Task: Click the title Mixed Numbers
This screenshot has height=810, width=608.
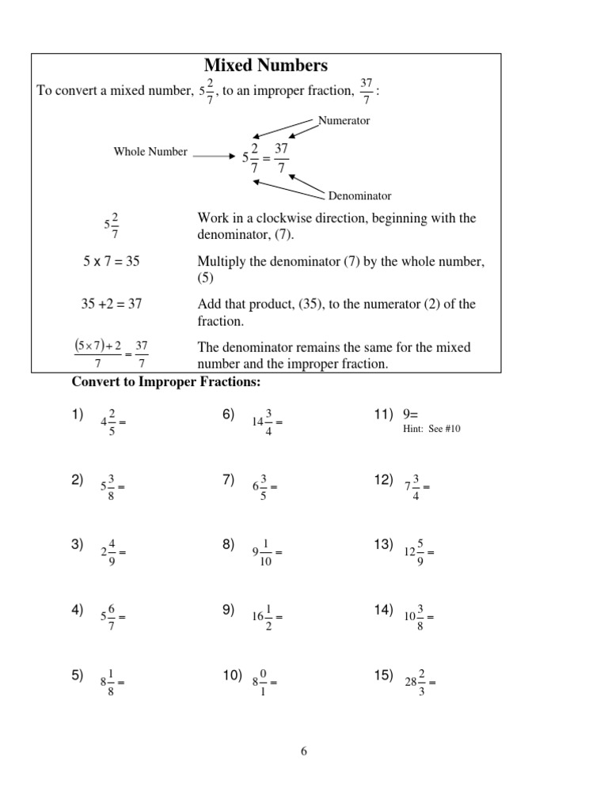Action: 266,65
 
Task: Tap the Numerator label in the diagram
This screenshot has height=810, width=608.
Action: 344,121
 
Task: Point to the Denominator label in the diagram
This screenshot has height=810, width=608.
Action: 359,195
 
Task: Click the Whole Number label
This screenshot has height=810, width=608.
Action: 150,152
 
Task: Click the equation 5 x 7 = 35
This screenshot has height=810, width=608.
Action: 112,261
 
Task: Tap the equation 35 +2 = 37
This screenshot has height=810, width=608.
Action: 112,304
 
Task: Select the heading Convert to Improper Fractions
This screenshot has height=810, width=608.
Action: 166,382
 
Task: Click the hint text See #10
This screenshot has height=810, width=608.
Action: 431,429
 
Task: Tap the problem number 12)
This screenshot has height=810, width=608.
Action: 383,479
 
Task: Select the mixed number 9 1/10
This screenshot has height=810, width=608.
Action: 264,552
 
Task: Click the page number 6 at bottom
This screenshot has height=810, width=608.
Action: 303,751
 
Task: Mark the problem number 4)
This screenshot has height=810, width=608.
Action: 77,609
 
